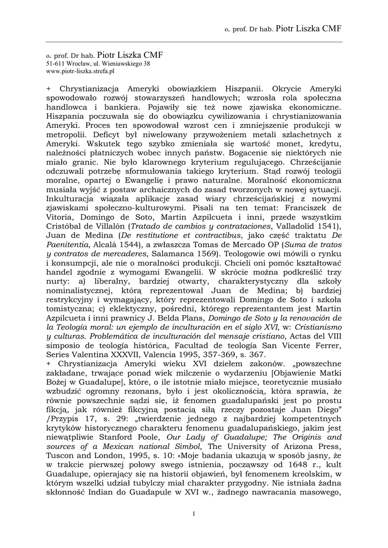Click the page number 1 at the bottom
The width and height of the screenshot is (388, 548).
[193, 514]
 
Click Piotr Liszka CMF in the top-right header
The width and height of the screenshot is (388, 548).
[308, 28]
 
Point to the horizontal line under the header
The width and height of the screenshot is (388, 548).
[194, 42]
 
